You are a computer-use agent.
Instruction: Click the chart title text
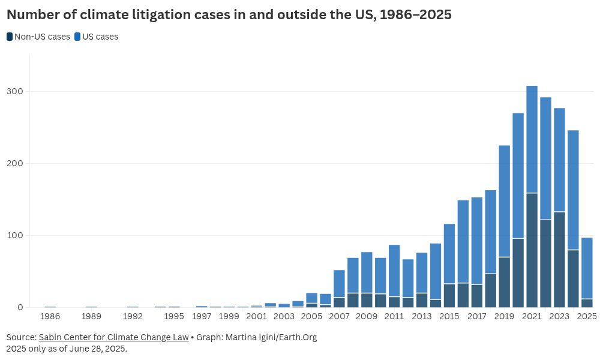pyautogui.click(x=229, y=15)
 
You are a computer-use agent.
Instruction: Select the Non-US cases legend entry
pyautogui.click(x=38, y=37)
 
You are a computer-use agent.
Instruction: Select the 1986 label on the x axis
pyautogui.click(x=50, y=316)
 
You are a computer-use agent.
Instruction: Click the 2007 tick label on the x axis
pyautogui.click(x=339, y=316)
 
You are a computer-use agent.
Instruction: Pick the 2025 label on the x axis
pyautogui.click(x=587, y=316)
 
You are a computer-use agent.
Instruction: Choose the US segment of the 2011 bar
pyautogui.click(x=394, y=271)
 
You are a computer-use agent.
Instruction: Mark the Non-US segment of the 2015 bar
pyautogui.click(x=449, y=296)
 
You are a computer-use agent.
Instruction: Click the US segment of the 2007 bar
pyautogui.click(x=339, y=284)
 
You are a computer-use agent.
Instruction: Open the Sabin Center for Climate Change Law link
pyautogui.click(x=113, y=337)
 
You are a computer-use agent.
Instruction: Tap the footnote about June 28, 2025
pyautogui.click(x=67, y=349)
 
